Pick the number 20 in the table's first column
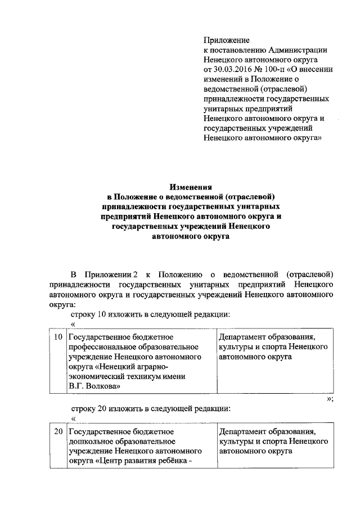point(57,432)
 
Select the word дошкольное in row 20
point(91,442)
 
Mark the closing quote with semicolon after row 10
point(330,399)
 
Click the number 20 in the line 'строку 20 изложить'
point(105,409)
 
